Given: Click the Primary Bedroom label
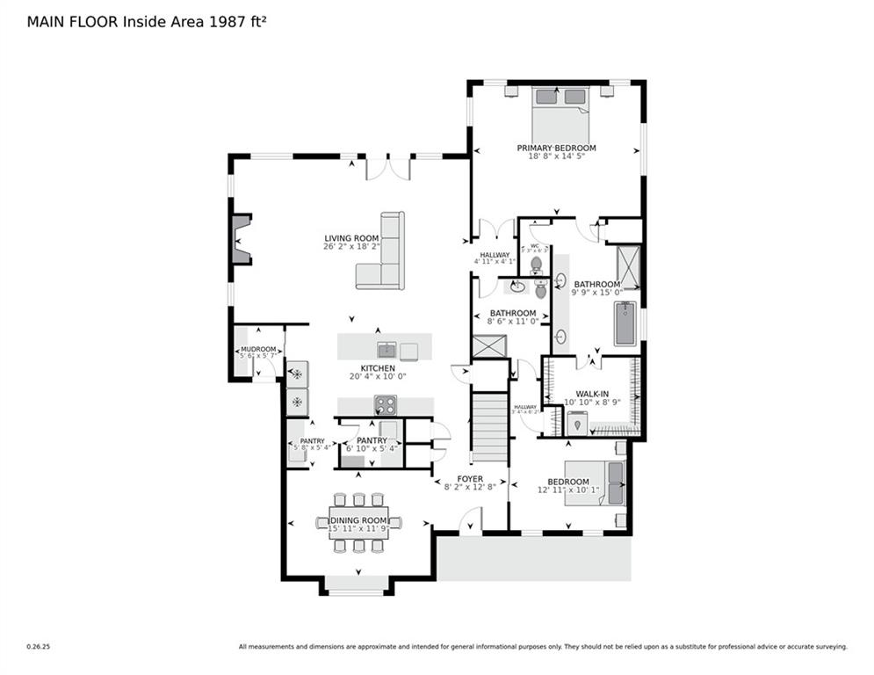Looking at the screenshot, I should [556, 148].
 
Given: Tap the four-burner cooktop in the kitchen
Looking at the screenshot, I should [386, 405].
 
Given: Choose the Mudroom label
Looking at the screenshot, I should [258, 349].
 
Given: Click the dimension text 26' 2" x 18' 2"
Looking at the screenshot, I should [351, 247].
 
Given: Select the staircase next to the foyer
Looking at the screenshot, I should [489, 426].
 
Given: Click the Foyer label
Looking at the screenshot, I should [470, 479].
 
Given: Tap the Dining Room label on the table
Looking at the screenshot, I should [358, 520].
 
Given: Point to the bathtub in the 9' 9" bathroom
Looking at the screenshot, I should [625, 323].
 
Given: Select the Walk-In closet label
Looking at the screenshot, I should [593, 394].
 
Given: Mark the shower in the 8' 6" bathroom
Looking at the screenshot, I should [489, 345].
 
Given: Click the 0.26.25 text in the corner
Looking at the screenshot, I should [37, 647].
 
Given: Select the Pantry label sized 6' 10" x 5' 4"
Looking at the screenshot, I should [372, 440].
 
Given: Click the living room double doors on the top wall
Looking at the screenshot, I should [387, 167].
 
